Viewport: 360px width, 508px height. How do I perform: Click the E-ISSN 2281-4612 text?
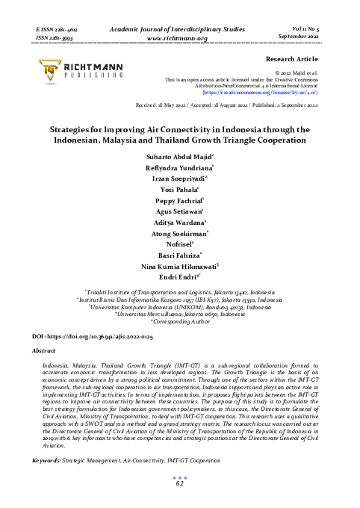(58, 27)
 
